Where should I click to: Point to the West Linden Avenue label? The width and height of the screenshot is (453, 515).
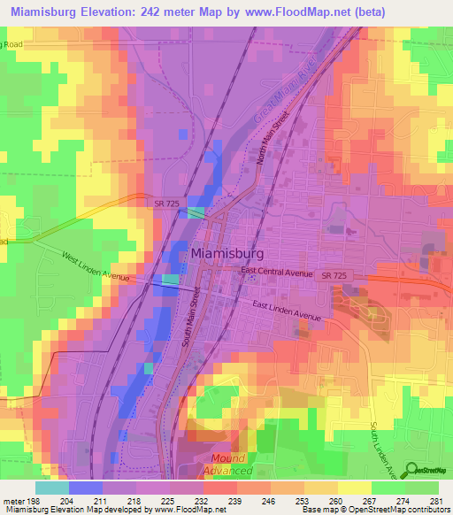pyautogui.click(x=96, y=267)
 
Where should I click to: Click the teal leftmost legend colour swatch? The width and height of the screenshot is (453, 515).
pyautogui.click(x=52, y=488)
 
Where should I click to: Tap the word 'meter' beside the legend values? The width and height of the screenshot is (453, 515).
pyautogui.click(x=13, y=500)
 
